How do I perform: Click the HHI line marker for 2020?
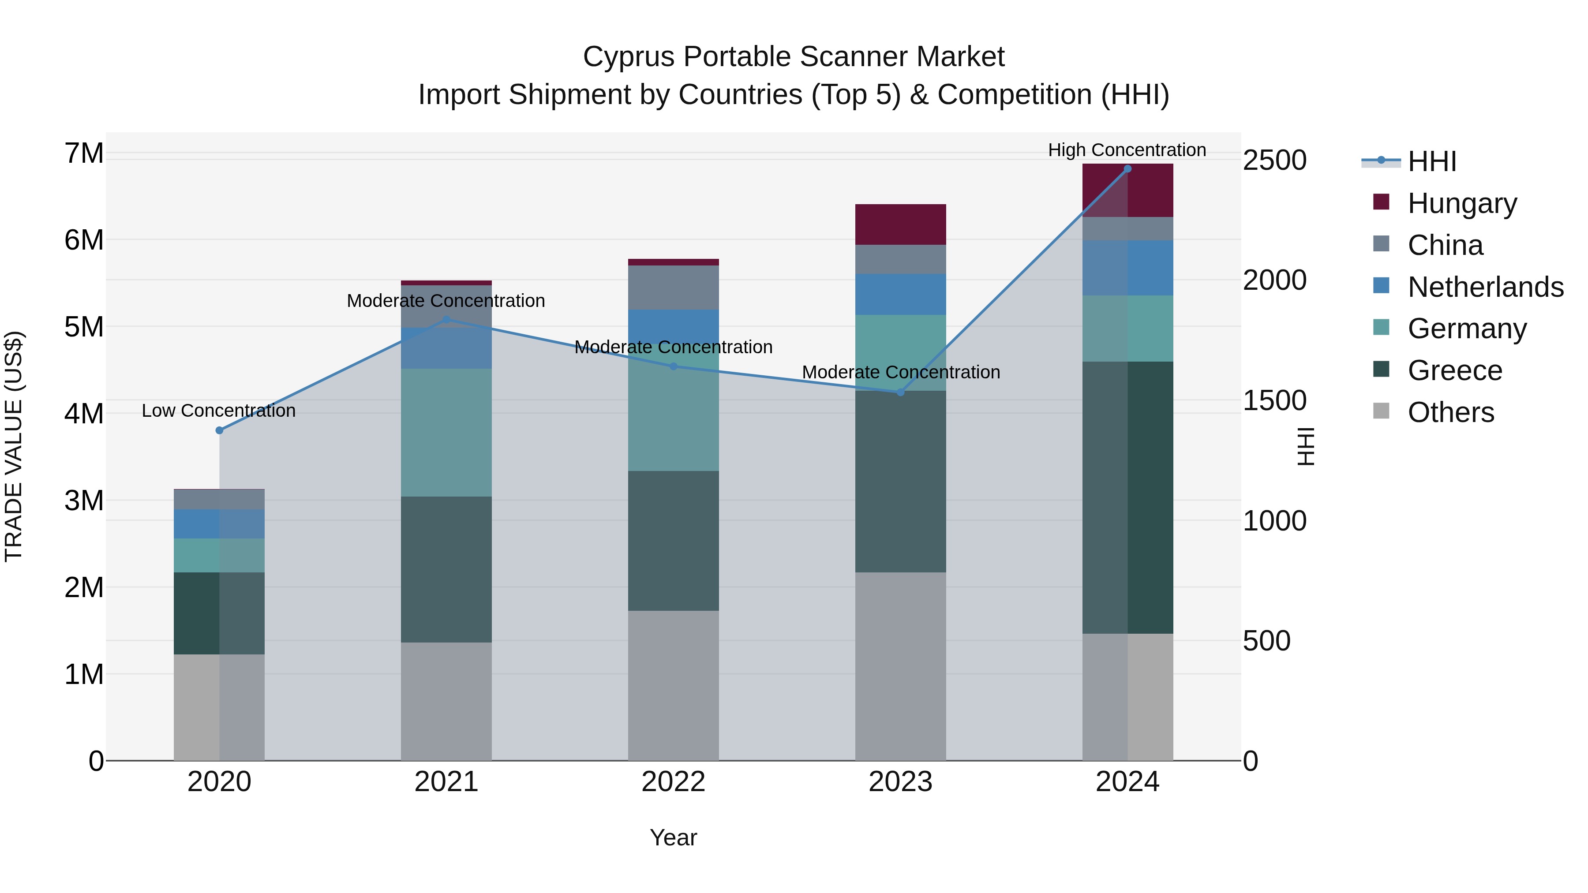[x=220, y=430]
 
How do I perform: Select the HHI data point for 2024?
[x=1127, y=169]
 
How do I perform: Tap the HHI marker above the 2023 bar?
[x=900, y=392]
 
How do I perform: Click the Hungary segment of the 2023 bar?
[x=900, y=224]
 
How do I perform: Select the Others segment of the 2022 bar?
[x=673, y=685]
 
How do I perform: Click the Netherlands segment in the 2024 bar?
[x=1127, y=268]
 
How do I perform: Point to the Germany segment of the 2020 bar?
[x=220, y=555]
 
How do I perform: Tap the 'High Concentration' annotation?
[x=1127, y=150]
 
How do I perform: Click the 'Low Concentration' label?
[x=219, y=411]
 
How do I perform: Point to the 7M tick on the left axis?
[x=84, y=153]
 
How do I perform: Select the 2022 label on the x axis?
[x=673, y=782]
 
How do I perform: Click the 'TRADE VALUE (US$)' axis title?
[x=14, y=446]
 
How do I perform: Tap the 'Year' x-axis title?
[x=673, y=837]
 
